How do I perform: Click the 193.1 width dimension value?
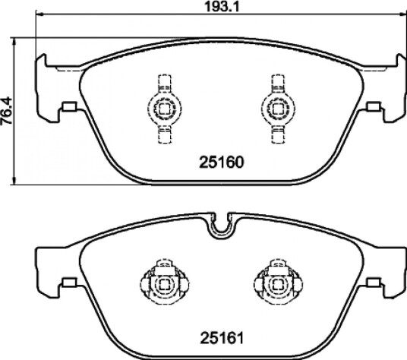click(x=222, y=6)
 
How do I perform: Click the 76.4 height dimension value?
click(x=6, y=111)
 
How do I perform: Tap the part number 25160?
click(x=222, y=163)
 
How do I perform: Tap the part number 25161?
click(x=222, y=338)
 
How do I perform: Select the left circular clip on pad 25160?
click(x=165, y=109)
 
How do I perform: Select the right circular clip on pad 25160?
click(x=278, y=109)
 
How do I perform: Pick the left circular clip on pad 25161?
click(x=165, y=285)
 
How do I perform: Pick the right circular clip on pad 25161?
click(x=278, y=285)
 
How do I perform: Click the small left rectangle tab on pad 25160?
click(x=69, y=106)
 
